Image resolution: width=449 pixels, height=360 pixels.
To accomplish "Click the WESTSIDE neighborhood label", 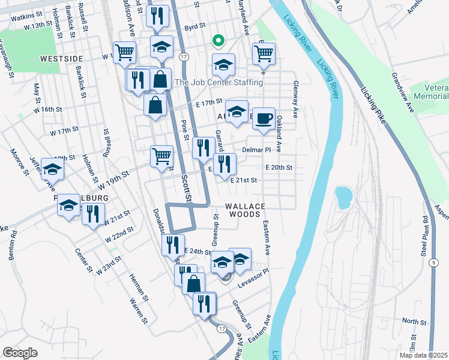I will [x=61, y=59].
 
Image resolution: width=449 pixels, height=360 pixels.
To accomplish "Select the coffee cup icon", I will [x=263, y=118].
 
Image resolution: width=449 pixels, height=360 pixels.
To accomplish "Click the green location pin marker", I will [x=219, y=41].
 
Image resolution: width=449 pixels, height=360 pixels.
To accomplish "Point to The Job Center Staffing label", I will [x=218, y=82].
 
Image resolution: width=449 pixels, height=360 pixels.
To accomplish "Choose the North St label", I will [x=414, y=322].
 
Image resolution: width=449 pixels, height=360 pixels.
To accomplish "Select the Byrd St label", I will [x=195, y=27].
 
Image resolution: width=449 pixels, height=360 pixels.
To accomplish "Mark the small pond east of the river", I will [x=343, y=196].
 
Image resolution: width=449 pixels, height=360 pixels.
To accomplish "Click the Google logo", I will [x=19, y=352].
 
